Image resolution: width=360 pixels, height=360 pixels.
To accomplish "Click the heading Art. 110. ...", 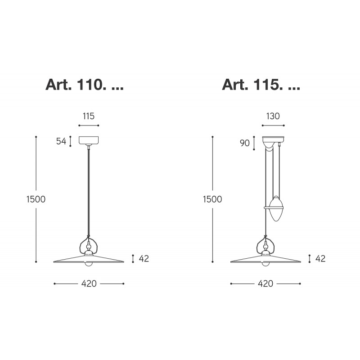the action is click(x=85, y=85).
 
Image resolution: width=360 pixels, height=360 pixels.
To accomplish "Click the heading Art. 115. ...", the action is click(x=261, y=85).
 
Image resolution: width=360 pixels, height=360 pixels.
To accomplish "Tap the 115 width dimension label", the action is click(x=89, y=116).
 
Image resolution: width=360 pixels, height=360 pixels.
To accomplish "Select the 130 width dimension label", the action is click(x=273, y=116).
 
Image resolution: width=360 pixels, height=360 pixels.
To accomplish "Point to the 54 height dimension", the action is click(x=61, y=141).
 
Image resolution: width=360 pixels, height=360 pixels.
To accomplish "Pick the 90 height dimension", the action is click(x=245, y=143).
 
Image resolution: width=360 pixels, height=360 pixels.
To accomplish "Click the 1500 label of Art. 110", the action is click(x=36, y=199).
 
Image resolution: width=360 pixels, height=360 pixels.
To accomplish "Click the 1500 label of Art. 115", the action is click(x=212, y=199).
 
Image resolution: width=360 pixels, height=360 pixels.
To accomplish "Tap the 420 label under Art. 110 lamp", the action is click(x=89, y=284).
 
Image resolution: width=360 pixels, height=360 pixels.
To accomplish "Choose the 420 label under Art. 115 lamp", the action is click(x=265, y=284).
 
